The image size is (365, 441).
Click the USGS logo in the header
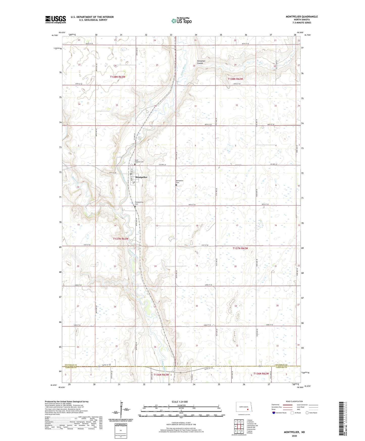tap(56, 19)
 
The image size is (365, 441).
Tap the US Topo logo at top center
tap(181, 21)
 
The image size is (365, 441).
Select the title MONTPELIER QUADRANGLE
tap(302, 17)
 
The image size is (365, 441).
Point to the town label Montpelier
tap(141, 177)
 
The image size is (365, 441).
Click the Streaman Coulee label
tap(201, 62)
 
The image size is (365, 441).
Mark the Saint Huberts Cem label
tap(139, 161)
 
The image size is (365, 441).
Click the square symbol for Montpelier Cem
tap(176, 185)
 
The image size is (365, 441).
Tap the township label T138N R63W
tap(117, 77)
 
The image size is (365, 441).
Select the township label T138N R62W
tap(235, 79)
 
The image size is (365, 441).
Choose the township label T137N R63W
tap(120, 239)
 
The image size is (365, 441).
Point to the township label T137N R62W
tap(240, 248)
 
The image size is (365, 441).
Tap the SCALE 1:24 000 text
tap(180, 402)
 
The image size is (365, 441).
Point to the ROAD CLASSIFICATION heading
tap(294, 401)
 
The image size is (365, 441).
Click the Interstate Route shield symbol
tap(274, 413)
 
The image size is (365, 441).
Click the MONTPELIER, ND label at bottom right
tap(294, 432)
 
